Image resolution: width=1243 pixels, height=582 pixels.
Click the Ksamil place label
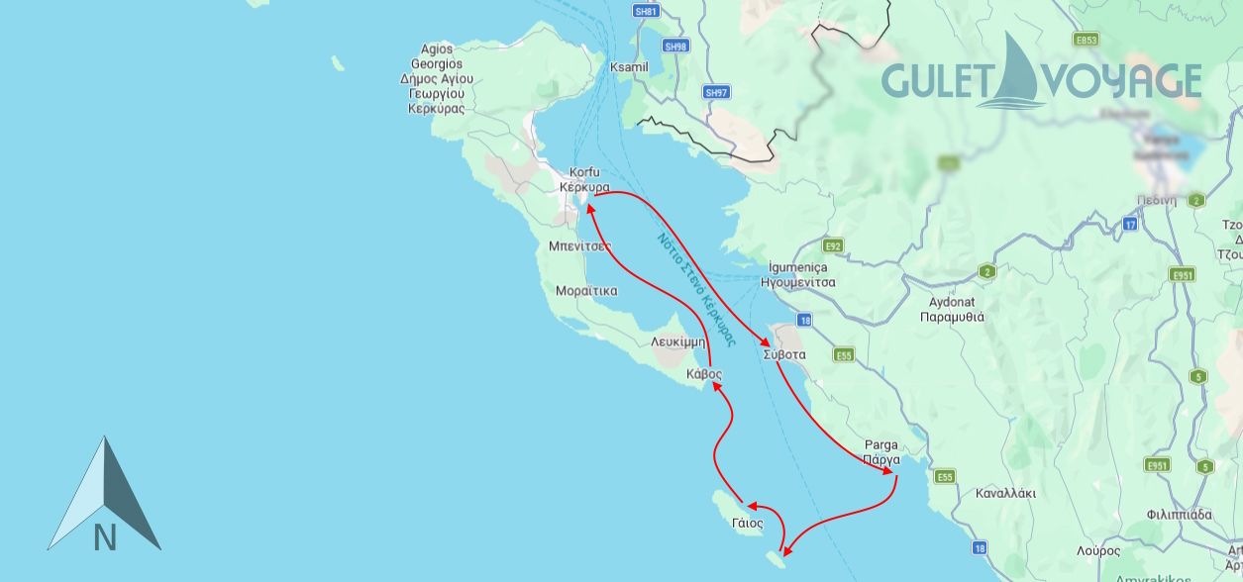[629, 66]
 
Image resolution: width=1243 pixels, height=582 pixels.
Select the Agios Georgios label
[437, 79]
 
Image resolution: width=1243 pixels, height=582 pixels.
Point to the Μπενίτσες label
[579, 244]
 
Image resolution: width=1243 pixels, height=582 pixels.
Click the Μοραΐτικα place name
[586, 291]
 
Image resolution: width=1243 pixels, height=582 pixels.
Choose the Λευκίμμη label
[677, 340]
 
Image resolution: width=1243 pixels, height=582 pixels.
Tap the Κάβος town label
[704, 374]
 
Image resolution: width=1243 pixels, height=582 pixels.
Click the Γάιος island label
[748, 523]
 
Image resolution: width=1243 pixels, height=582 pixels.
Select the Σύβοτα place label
[784, 354]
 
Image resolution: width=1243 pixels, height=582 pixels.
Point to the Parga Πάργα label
[880, 452]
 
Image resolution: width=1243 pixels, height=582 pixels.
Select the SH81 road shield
[646, 11]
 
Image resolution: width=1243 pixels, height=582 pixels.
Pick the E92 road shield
[832, 245]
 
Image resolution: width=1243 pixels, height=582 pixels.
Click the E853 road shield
[1087, 40]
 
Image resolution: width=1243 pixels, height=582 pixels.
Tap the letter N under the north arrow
[105, 537]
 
